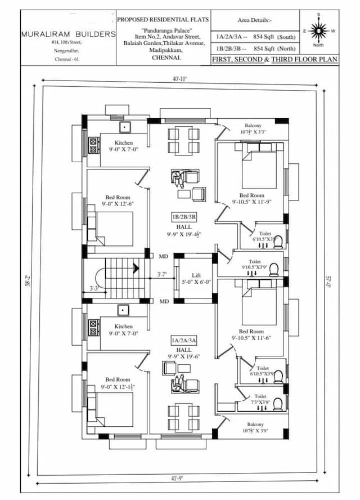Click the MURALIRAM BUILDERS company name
click(68, 34)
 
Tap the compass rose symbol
click(319, 29)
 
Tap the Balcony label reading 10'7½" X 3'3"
click(253, 129)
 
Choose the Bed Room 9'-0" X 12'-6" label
click(118, 201)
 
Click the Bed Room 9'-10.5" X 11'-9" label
click(251, 198)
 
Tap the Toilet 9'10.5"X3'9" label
click(254, 265)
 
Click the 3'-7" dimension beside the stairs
click(162, 275)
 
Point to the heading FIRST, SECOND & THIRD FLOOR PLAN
click(274, 59)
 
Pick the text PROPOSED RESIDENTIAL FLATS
click(163, 20)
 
